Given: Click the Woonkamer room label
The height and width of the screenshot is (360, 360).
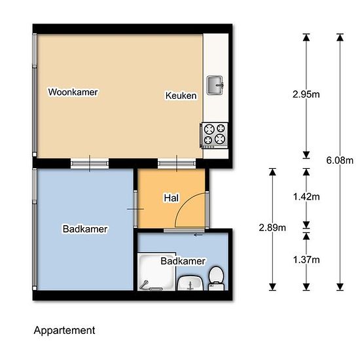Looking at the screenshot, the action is pos(73,92).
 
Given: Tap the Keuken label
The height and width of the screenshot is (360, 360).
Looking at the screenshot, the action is pos(181,96).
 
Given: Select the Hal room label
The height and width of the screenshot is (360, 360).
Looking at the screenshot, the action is pos(171,198).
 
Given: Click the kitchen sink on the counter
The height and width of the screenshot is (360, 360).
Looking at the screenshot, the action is pos(215,85).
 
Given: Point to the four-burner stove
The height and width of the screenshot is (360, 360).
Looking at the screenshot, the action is pos(215,135).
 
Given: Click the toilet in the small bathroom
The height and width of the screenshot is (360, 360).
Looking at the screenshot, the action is pos(216,278).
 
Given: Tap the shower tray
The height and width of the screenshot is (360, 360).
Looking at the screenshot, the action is pos(157,272).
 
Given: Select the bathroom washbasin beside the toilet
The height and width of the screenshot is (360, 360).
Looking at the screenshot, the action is pos(190,283).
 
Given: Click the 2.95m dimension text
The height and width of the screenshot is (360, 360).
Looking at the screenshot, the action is pos(306,94).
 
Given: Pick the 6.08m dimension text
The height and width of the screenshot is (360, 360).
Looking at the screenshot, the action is pos(340,160).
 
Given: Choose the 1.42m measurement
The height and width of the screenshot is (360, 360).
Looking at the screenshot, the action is pos(306,197).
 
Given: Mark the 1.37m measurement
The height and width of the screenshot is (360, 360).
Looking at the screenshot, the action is pos(306,260).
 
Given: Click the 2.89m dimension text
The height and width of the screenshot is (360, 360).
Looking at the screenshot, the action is pos(272,228).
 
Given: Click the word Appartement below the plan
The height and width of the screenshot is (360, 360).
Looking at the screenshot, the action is pos(64,331).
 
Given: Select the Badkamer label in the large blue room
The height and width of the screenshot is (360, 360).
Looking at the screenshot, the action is pos(85,229).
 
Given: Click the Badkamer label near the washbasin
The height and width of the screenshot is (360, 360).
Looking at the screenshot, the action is pos(183,261).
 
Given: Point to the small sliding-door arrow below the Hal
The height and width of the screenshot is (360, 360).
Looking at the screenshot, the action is pos(198,235).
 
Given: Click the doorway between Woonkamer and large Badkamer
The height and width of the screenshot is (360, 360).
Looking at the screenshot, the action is pos(90,164).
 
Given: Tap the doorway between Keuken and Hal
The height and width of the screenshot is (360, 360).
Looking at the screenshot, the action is pos(177,164).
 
